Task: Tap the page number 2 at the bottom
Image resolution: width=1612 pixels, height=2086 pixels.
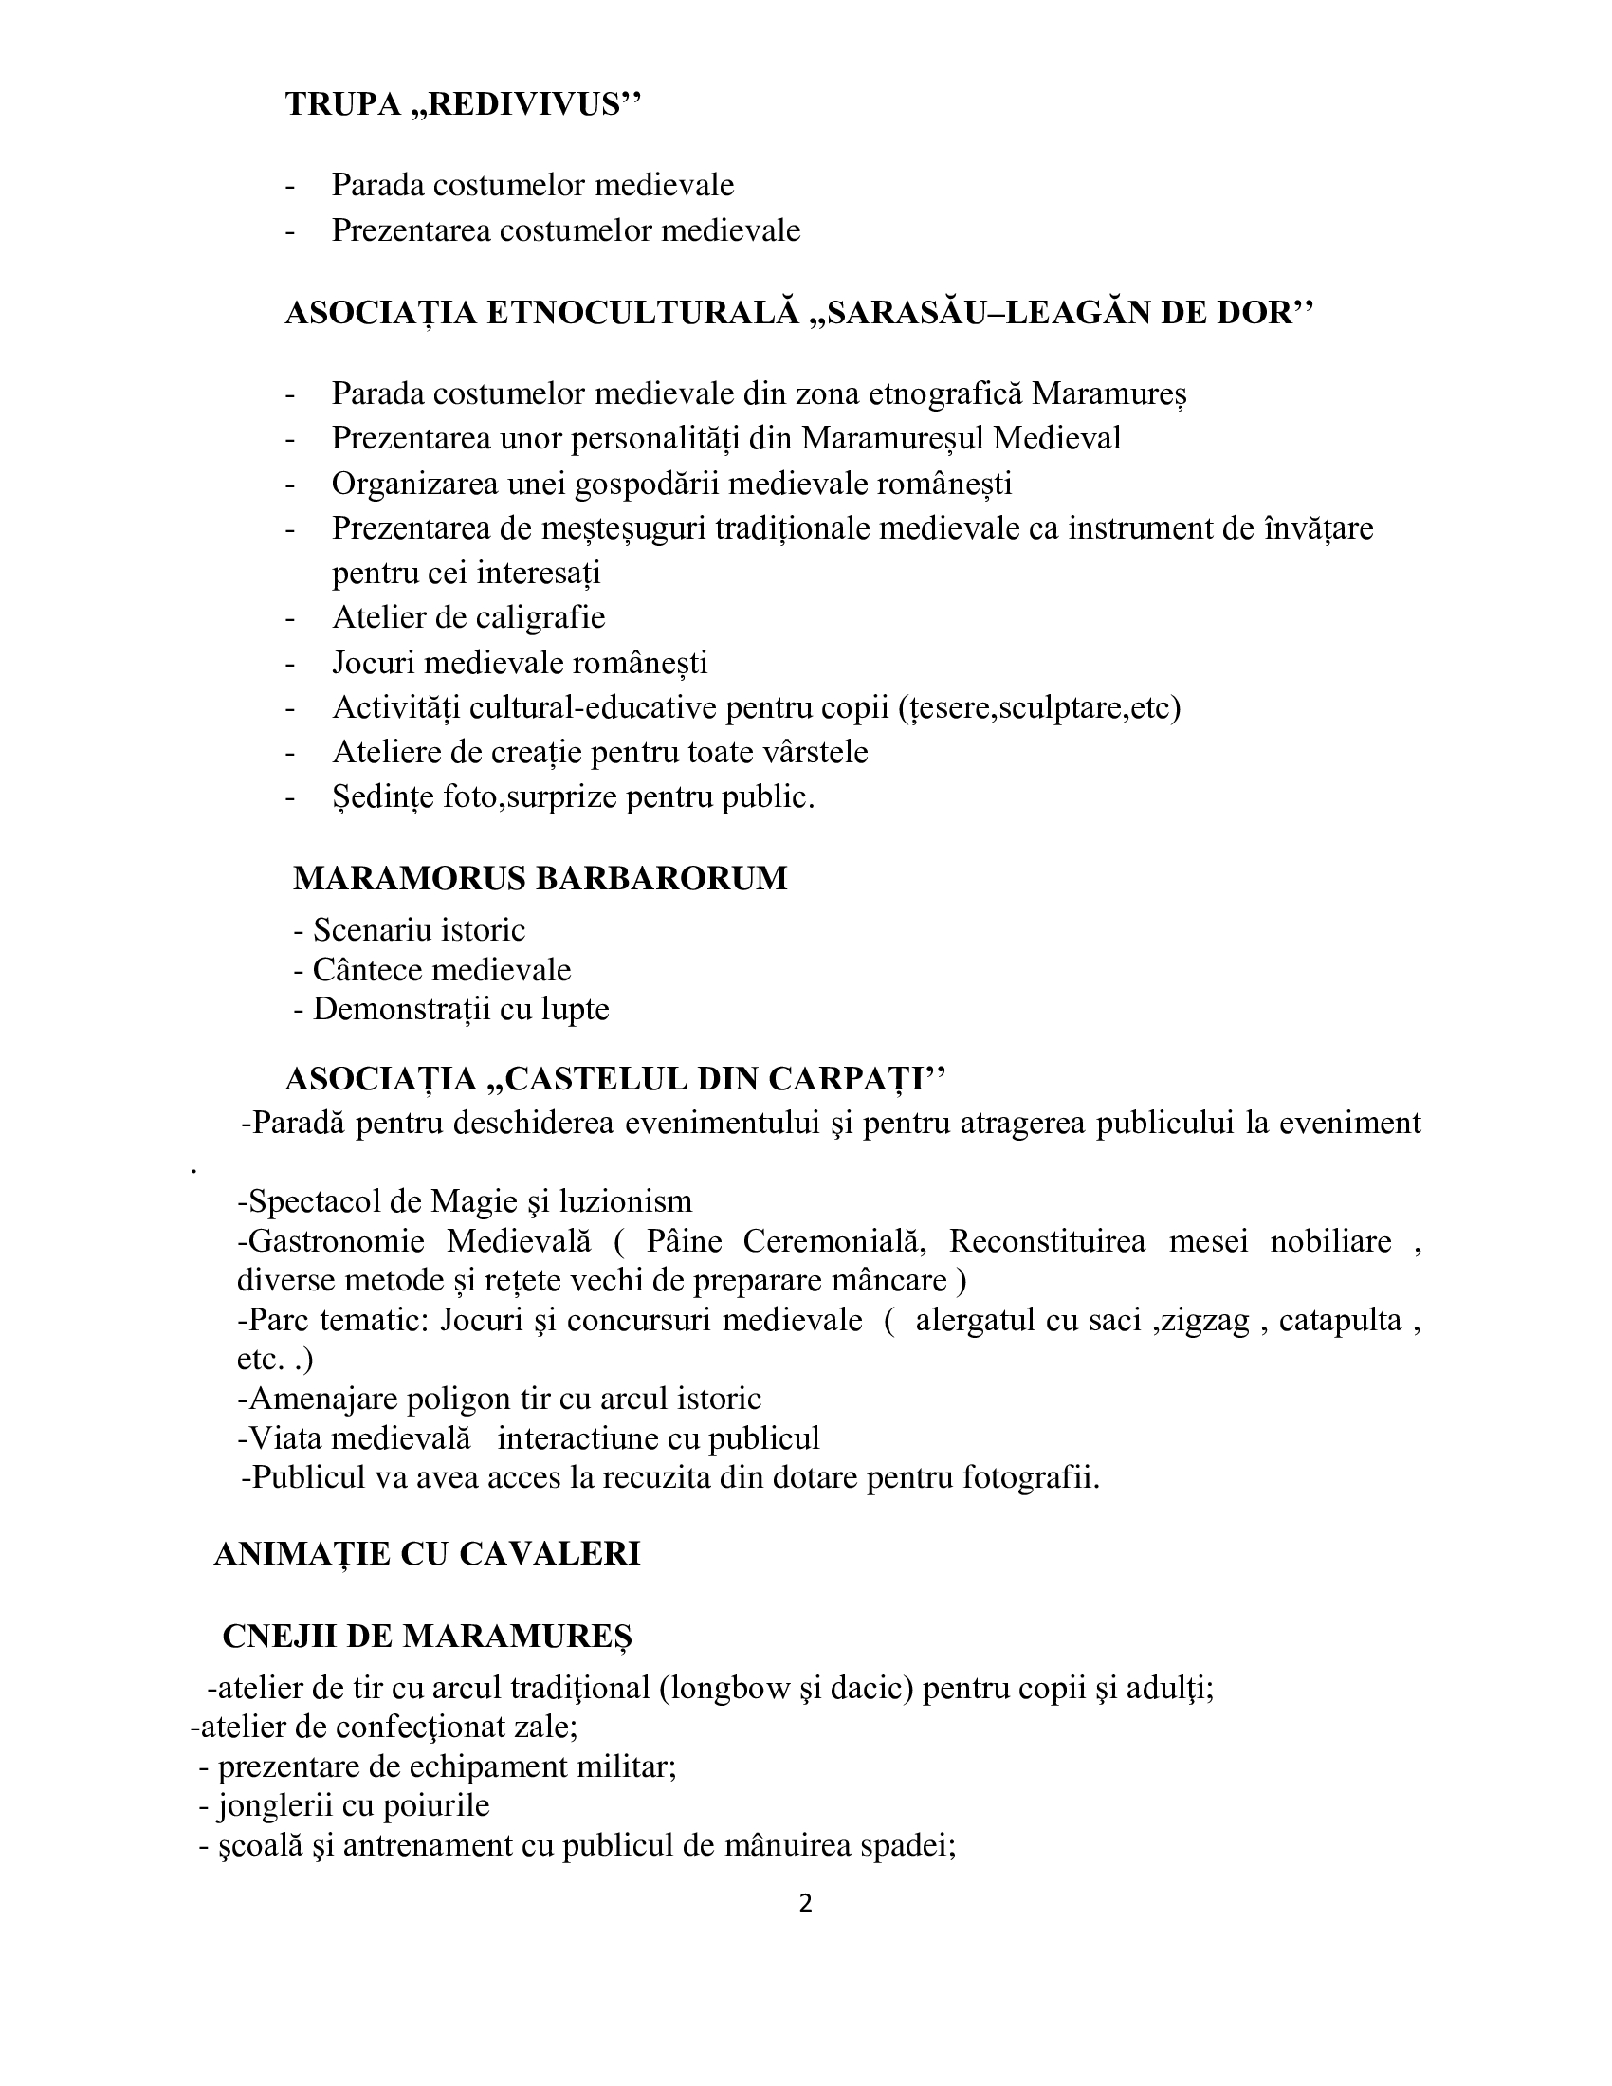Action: [805, 1923]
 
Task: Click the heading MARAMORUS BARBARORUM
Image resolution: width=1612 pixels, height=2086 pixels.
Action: [540, 878]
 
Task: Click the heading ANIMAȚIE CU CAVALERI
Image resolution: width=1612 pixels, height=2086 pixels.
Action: [426, 1554]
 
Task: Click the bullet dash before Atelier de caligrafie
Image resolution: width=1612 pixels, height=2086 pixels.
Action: [290, 619]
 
